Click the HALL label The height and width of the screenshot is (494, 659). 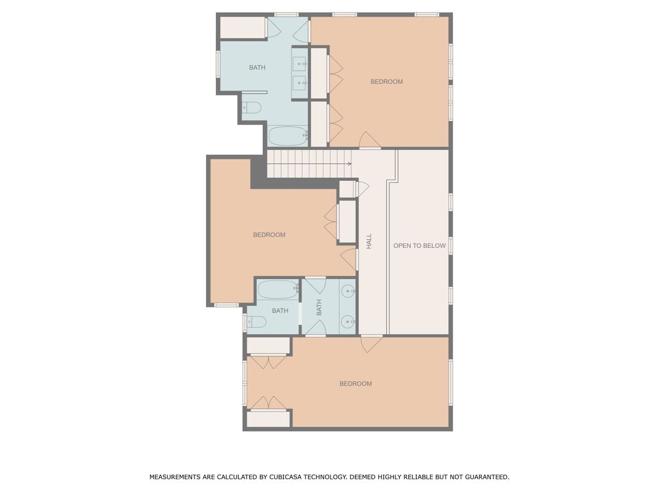coord(369,241)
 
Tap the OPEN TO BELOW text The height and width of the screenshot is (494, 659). coord(419,245)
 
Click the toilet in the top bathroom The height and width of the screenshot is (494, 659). coord(252,108)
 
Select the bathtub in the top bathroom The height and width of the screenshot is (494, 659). coord(287,136)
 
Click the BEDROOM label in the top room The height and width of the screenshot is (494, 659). coord(387,82)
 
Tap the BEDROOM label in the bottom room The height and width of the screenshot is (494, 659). coord(355,383)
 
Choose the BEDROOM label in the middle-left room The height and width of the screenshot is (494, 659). coord(269,234)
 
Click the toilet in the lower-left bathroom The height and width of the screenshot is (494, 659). coord(256,322)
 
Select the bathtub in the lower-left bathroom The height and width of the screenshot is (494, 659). coord(278,289)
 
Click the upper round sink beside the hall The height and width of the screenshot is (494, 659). coord(348,291)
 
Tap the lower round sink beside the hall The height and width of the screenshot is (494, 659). coord(348,322)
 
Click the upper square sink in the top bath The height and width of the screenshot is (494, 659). coord(299,64)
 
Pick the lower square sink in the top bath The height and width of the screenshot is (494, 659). coord(299,83)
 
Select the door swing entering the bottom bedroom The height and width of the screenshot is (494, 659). coord(371,344)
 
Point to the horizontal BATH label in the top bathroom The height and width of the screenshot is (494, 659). coord(257,68)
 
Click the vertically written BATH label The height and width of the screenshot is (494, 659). coord(319,307)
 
